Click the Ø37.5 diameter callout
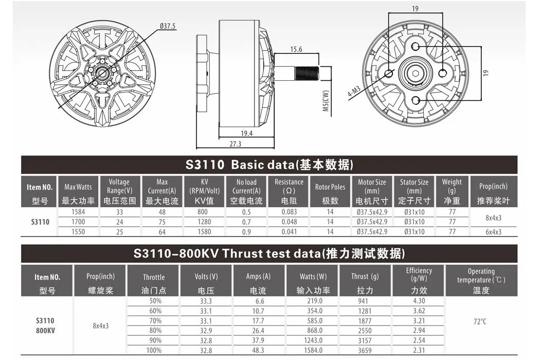coord(168,26)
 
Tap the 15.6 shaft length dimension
coord(296,49)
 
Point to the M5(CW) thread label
coord(326,101)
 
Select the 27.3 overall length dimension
coord(236,144)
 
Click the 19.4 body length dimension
coord(246,133)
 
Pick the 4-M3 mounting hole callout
coord(354,92)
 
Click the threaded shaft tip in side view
coord(307,74)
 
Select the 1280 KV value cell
coord(204,222)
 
